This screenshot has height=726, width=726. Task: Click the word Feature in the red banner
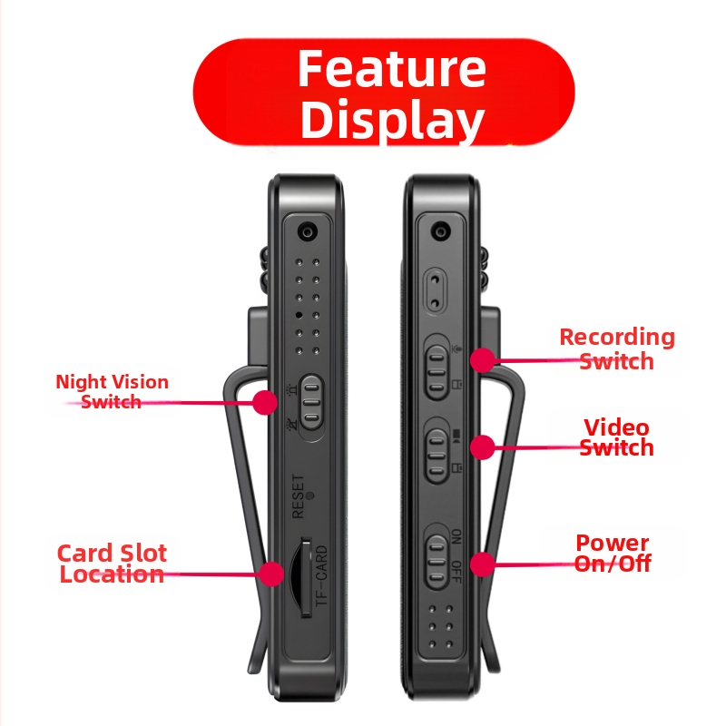(392, 69)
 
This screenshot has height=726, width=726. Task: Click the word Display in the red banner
(393, 120)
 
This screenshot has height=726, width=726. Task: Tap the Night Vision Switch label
(112, 392)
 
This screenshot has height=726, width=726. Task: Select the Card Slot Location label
(112, 564)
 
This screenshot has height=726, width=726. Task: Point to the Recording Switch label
(617, 348)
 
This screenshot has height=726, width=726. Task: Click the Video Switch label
(617, 437)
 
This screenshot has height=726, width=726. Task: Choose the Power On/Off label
(613, 553)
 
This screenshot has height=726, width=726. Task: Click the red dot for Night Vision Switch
(265, 402)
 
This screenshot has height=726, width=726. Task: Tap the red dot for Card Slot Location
(270, 574)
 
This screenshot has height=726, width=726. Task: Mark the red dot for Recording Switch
(483, 359)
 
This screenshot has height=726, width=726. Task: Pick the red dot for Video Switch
(483, 447)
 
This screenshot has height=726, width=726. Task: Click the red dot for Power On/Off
(483, 564)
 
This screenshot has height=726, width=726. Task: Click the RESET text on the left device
(299, 495)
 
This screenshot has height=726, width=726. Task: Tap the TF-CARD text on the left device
(321, 575)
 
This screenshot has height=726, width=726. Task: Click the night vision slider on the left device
(311, 401)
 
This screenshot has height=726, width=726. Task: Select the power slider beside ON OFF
(437, 562)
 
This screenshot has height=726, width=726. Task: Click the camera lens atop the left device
(307, 231)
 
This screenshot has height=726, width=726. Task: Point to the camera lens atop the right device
(440, 231)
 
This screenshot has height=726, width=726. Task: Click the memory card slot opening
(301, 577)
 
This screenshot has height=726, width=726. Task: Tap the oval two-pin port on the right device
(435, 291)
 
